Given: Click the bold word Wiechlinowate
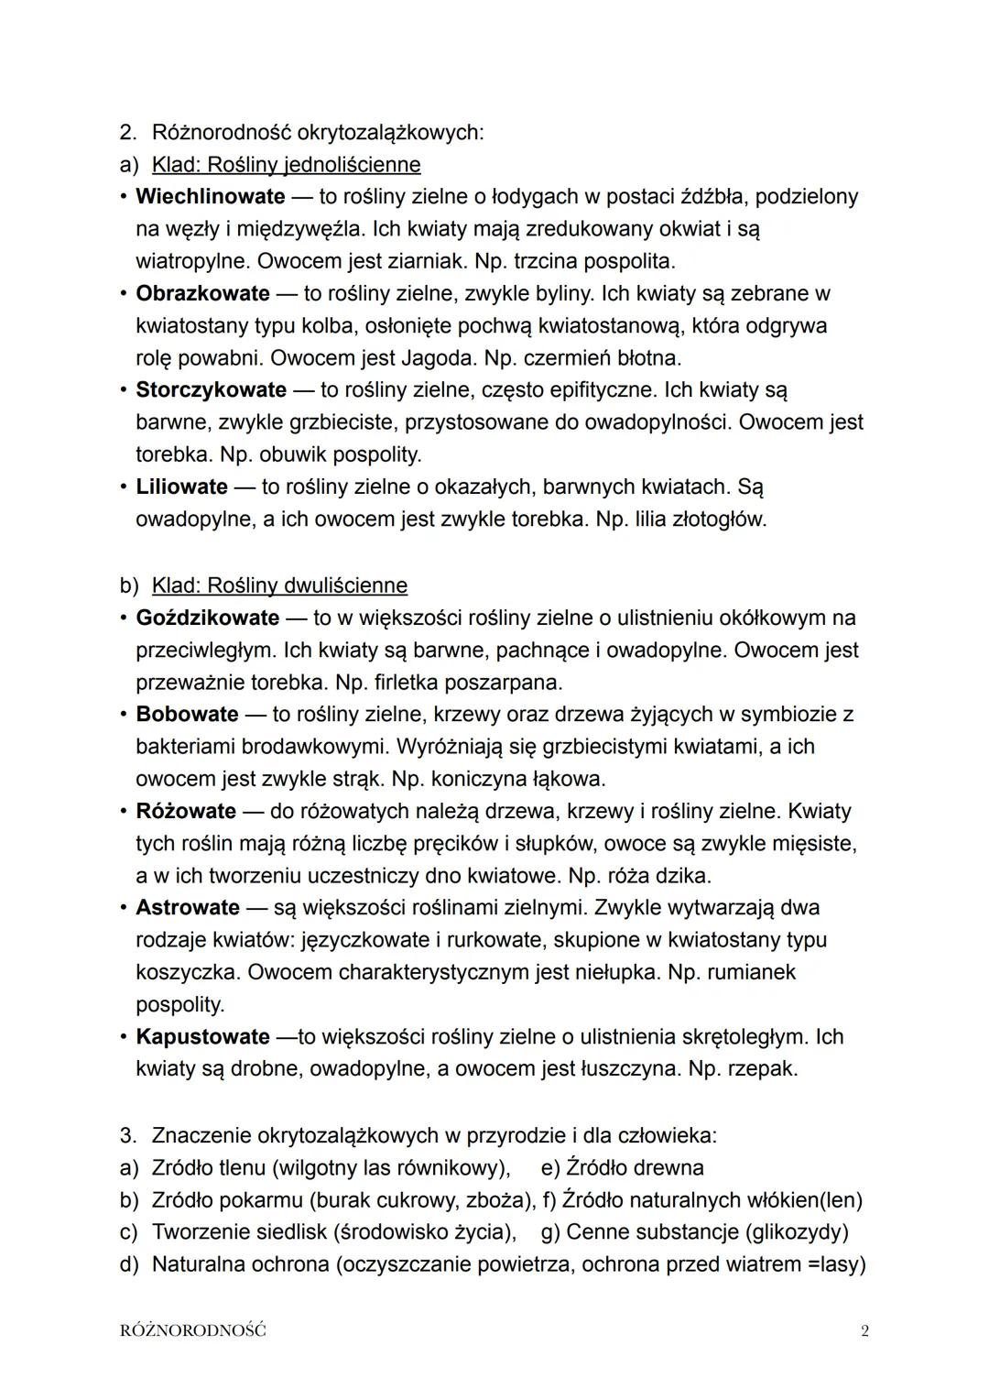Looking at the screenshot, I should click(210, 196).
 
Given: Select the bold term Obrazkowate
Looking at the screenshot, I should click(202, 293).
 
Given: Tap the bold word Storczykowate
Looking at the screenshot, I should click(211, 389).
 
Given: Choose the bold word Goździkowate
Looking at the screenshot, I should click(207, 618).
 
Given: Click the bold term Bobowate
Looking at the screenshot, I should click(187, 714).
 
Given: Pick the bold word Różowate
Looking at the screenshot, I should click(186, 811).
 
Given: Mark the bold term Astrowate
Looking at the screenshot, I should click(188, 907).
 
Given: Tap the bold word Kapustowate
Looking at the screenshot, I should click(202, 1036).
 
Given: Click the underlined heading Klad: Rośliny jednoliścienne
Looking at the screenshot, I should click(286, 165).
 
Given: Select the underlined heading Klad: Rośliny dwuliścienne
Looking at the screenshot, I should click(279, 585).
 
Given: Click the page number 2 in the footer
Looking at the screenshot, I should click(864, 1331).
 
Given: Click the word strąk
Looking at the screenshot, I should click(357, 779).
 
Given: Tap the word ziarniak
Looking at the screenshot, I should click(427, 261).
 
